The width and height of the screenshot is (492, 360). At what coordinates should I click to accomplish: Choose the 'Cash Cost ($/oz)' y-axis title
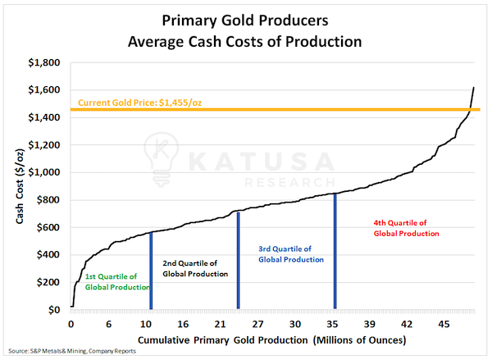tap(18, 186)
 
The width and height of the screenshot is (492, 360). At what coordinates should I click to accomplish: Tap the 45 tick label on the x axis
tap(443, 324)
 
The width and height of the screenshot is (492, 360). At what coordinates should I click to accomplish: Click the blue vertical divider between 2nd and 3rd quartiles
tap(238, 261)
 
